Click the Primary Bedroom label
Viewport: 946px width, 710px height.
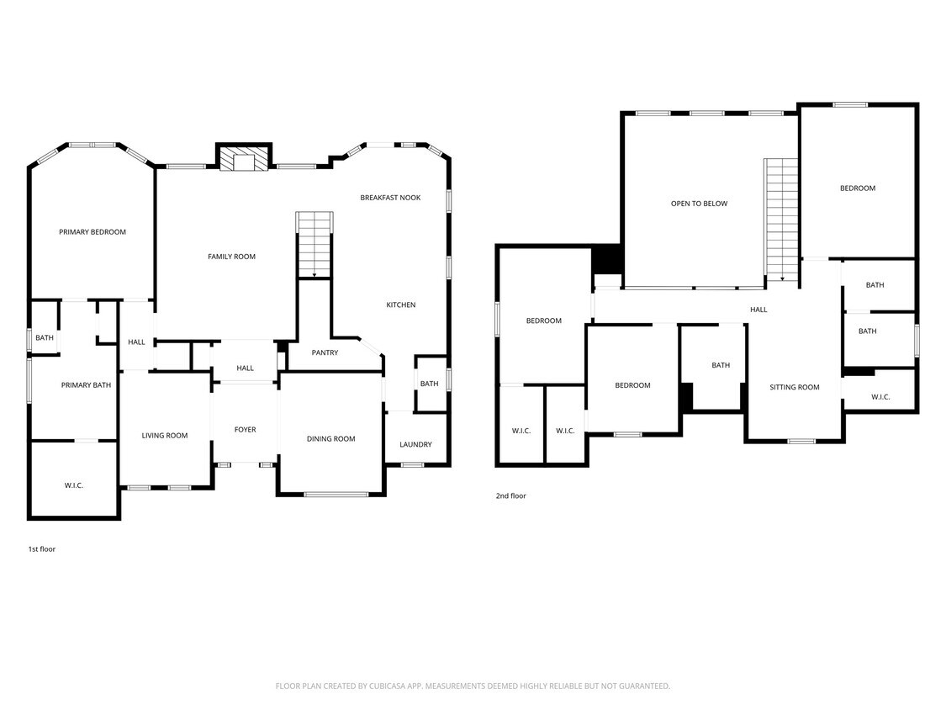[x=92, y=232]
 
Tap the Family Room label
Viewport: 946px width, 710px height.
[x=231, y=257]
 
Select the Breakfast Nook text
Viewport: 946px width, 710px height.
[x=390, y=198]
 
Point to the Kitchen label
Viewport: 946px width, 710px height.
[x=400, y=305]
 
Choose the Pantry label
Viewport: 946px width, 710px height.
[x=325, y=352]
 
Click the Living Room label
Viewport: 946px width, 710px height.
[x=164, y=436]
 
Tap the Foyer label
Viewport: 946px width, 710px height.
[x=245, y=430]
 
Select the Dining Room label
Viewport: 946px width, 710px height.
[x=330, y=439]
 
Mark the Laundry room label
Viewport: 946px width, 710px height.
[x=415, y=444]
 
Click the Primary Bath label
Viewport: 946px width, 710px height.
[x=86, y=385]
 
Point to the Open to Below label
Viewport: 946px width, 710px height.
[x=699, y=204]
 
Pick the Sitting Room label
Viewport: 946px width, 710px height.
[x=794, y=387]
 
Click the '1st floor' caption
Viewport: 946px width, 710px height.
[x=42, y=548]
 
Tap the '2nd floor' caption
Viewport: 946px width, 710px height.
[x=510, y=496]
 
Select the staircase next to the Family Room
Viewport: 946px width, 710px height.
[x=314, y=244]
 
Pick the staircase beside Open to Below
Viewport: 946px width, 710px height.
[x=780, y=219]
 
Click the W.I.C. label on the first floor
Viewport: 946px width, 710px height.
[x=74, y=485]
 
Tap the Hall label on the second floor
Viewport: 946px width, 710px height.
[x=758, y=310]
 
